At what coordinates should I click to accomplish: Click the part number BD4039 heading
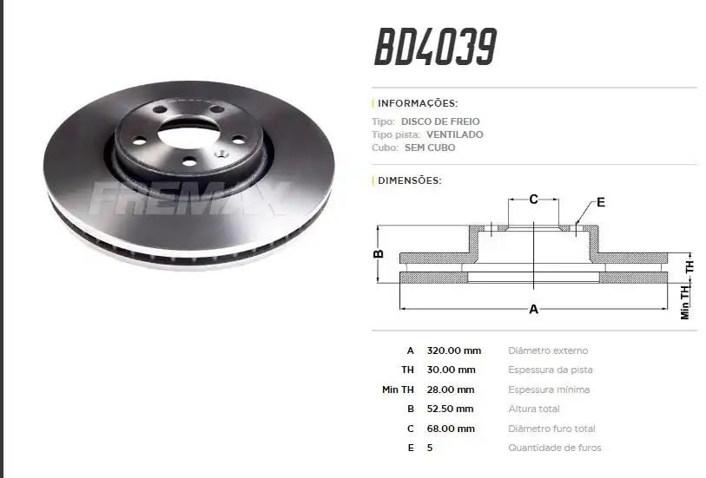tap(435, 48)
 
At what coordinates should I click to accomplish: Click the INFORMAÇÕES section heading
tap(418, 103)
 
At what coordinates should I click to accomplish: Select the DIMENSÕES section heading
tap(410, 180)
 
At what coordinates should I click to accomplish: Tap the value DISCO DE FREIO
tap(452, 121)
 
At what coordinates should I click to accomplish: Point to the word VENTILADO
tap(455, 134)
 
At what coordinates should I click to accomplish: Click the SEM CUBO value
tap(430, 147)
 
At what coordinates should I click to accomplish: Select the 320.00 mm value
tap(453, 350)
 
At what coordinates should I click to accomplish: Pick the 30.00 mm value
tap(451, 370)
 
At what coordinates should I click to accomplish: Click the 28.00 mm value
tap(451, 390)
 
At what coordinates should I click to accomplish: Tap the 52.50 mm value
tap(451, 409)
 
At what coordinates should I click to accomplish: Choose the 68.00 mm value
tap(451, 429)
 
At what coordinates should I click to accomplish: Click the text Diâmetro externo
tap(548, 350)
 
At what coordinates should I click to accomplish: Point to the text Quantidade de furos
tap(554, 448)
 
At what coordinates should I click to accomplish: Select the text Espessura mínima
tap(549, 390)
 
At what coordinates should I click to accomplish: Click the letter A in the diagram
tap(533, 309)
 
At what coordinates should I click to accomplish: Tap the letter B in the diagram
tap(379, 254)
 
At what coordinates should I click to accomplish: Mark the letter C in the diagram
tap(533, 200)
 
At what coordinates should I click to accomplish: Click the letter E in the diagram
tap(600, 203)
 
